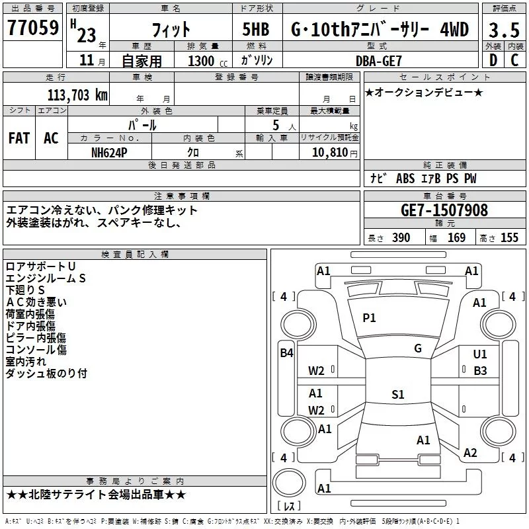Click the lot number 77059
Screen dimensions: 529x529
[33, 27]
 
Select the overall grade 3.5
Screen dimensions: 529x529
[504, 30]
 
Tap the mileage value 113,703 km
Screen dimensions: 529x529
[77, 95]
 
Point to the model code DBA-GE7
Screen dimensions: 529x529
[379, 61]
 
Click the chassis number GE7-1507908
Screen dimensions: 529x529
[444, 210]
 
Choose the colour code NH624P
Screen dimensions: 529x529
[109, 153]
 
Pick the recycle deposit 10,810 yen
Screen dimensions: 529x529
[335, 153]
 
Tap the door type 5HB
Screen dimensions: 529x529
[256, 29]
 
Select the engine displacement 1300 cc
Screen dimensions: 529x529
[208, 61]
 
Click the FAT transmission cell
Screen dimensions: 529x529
[19, 138]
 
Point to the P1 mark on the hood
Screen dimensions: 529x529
[369, 318]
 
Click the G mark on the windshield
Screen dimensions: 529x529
[418, 348]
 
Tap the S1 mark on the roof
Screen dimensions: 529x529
[398, 394]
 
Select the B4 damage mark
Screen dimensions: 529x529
[287, 353]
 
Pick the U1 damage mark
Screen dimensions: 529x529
[480, 354]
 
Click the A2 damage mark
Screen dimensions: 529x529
[470, 453]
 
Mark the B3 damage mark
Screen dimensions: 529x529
[480, 371]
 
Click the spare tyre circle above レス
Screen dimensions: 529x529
[289, 483]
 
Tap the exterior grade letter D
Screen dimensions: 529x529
[493, 60]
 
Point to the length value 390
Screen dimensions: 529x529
[401, 238]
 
